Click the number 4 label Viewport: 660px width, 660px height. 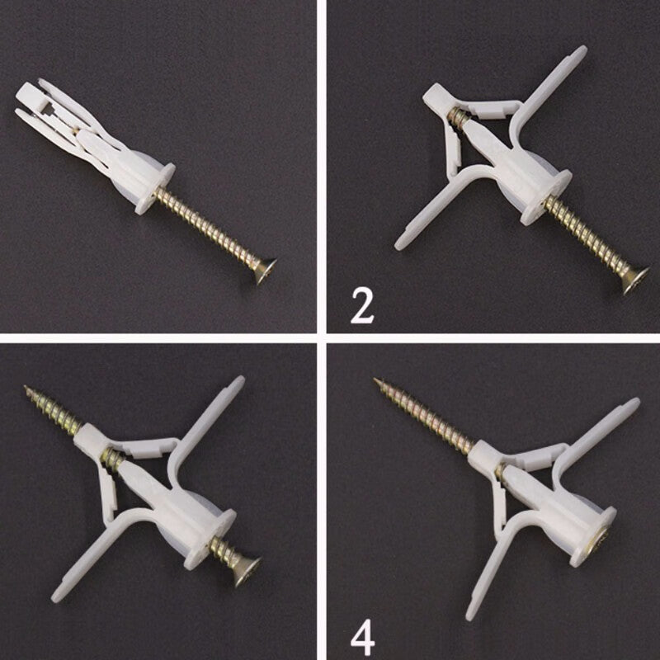point(362,639)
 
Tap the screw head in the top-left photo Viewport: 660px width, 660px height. point(266,271)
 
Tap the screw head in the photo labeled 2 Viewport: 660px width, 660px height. point(635,280)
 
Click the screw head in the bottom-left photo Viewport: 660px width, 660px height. point(247,572)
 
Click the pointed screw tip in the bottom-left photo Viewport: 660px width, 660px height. point(25,386)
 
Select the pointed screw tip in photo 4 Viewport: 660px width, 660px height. point(375,379)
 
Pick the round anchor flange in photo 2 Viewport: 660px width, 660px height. point(545,196)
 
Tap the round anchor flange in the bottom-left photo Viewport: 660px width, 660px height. point(210,540)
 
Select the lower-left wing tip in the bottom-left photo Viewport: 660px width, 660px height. point(56,595)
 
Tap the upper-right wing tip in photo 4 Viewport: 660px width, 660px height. point(634,403)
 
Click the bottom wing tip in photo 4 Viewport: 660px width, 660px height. point(470,614)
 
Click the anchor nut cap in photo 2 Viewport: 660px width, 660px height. point(438,98)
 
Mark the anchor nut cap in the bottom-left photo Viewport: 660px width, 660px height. point(91,438)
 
